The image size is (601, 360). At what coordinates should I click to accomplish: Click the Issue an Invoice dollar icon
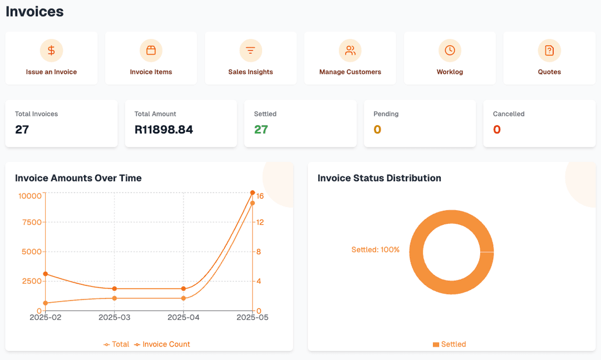(x=51, y=51)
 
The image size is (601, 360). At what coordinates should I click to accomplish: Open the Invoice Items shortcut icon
(x=151, y=51)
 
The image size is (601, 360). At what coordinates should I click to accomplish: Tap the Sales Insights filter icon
(x=250, y=51)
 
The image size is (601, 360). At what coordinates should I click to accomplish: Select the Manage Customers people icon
(x=350, y=51)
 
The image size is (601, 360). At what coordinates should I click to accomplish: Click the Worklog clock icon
(x=450, y=51)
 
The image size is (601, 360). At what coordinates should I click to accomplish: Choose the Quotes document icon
(x=549, y=51)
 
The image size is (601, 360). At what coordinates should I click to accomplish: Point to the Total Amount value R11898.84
(x=164, y=130)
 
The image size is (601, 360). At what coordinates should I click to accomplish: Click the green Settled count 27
(x=261, y=130)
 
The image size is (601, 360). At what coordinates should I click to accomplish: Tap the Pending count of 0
(x=377, y=130)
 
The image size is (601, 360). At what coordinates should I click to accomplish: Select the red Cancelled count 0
(x=497, y=130)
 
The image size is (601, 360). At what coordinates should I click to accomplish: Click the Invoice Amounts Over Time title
(x=78, y=178)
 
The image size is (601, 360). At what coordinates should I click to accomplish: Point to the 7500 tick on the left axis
(x=31, y=222)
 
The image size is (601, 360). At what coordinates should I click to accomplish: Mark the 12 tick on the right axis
(x=260, y=222)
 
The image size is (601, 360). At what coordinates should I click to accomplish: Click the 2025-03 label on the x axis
(x=114, y=317)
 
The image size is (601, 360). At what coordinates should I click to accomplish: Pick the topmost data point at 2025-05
(x=253, y=193)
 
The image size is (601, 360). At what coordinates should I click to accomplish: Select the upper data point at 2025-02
(x=45, y=274)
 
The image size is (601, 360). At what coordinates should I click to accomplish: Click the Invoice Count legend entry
(x=162, y=344)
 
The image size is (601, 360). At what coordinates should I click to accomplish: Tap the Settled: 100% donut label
(x=376, y=250)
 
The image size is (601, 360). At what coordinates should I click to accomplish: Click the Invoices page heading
(x=35, y=11)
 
